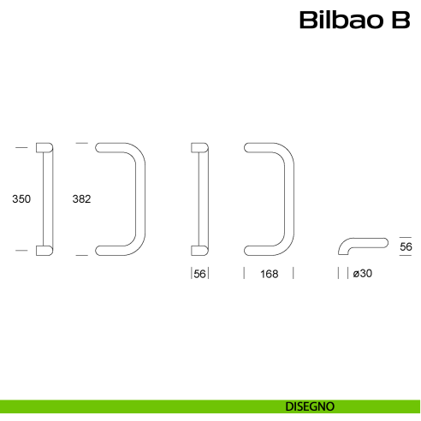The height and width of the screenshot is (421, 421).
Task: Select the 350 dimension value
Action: click(21, 199)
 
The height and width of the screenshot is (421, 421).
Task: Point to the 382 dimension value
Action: click(81, 199)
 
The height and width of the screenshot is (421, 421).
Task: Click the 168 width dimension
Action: click(269, 274)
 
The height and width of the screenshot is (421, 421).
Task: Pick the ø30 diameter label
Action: click(362, 274)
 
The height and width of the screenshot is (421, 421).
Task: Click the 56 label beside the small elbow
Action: click(406, 247)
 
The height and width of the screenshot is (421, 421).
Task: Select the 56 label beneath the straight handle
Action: click(199, 274)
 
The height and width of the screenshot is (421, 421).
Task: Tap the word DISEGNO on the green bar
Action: click(310, 405)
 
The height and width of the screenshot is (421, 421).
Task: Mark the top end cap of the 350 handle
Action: click(44, 148)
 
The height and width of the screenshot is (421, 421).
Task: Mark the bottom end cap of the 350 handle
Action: click(44, 249)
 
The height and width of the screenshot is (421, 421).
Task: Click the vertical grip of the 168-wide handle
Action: click(289, 199)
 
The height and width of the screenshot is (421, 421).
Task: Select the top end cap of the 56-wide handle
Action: click(198, 148)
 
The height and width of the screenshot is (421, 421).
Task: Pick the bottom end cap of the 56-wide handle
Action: click(198, 249)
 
